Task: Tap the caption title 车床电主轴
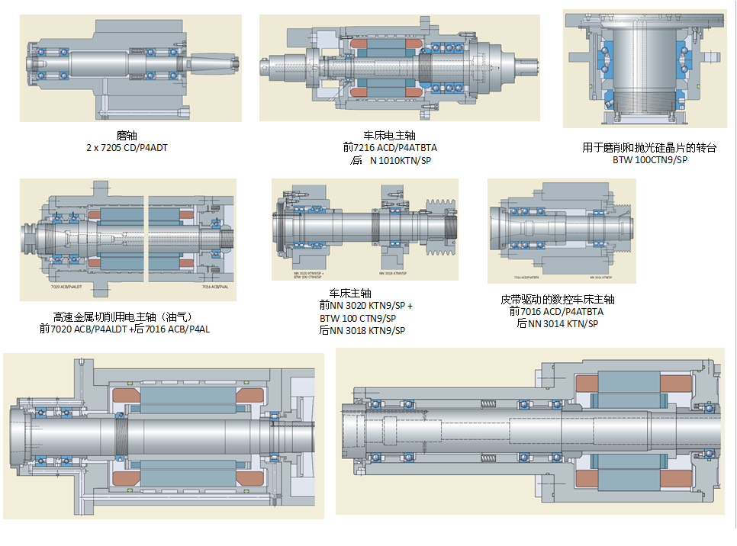pyautogui.click(x=389, y=135)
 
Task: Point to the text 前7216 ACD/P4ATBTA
pyautogui.click(x=389, y=147)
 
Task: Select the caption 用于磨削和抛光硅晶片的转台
pyautogui.click(x=649, y=148)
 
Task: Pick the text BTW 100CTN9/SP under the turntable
pyautogui.click(x=649, y=160)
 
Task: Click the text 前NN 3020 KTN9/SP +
pyautogui.click(x=366, y=305)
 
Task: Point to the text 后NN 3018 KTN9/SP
pyautogui.click(x=362, y=331)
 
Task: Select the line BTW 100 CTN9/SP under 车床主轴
pyautogui.click(x=358, y=318)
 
